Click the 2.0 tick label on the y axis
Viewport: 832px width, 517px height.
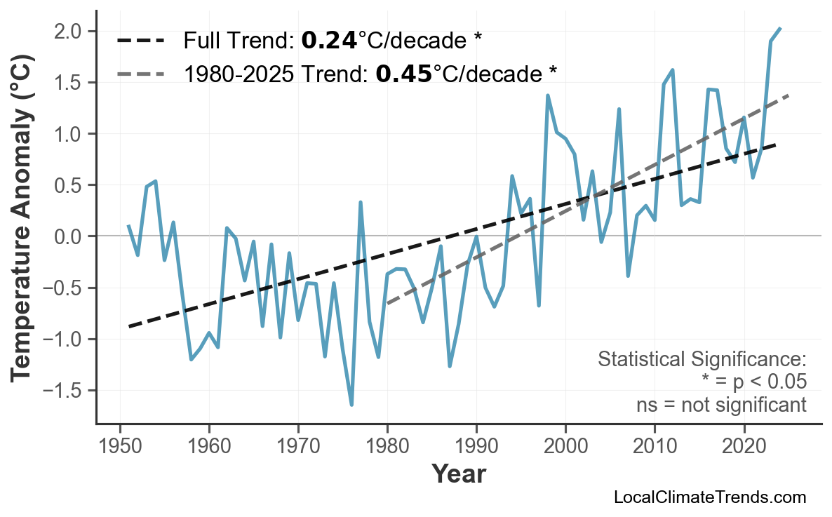(x=69, y=32)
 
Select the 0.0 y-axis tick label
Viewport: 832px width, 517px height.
(x=69, y=236)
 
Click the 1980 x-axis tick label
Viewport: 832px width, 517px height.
(x=387, y=446)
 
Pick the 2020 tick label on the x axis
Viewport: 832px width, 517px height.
(x=744, y=446)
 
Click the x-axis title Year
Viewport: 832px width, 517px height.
(x=458, y=474)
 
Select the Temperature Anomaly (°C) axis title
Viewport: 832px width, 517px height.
(x=22, y=236)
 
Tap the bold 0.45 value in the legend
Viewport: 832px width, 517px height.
(x=403, y=72)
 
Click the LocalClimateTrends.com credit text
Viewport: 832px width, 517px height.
(x=709, y=498)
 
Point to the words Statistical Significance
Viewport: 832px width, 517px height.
(x=702, y=360)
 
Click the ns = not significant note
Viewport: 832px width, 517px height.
(x=720, y=405)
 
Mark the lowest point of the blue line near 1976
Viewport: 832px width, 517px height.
(x=351, y=405)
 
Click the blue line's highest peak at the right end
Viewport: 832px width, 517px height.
(x=780, y=28)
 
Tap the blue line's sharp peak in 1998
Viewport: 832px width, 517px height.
(x=548, y=95)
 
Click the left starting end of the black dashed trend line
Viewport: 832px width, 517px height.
(x=129, y=326)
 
